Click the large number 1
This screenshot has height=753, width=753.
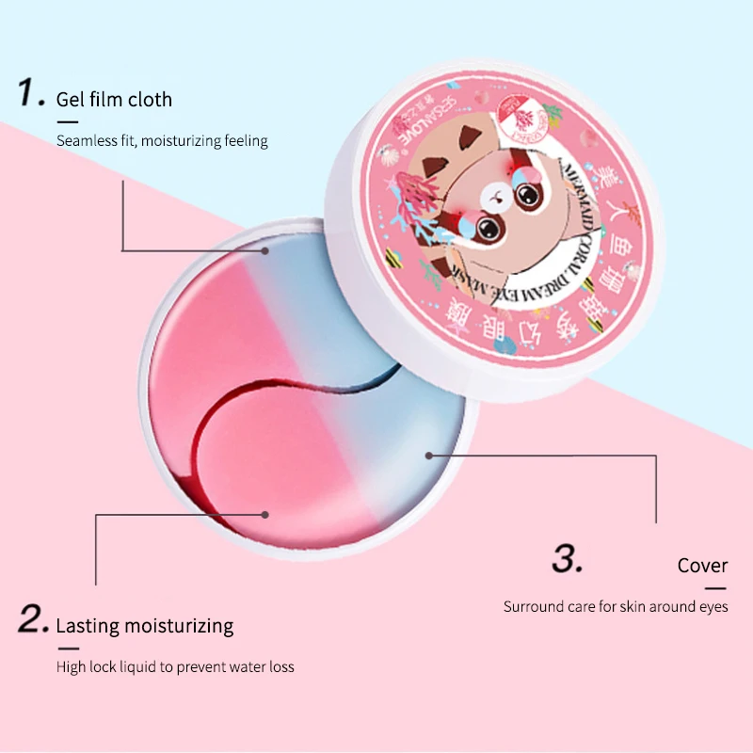click(30, 93)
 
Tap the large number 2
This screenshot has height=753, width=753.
click(33, 620)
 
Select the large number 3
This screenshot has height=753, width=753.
click(568, 560)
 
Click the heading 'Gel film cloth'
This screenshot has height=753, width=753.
click(114, 99)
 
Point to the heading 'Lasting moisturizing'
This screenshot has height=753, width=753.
click(145, 625)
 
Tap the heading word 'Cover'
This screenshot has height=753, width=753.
click(702, 566)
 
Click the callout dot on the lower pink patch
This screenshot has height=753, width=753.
click(266, 514)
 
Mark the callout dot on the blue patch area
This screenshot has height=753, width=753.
click(429, 455)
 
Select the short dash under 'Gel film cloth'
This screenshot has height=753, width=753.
click(67, 120)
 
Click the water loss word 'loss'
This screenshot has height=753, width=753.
click(280, 666)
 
